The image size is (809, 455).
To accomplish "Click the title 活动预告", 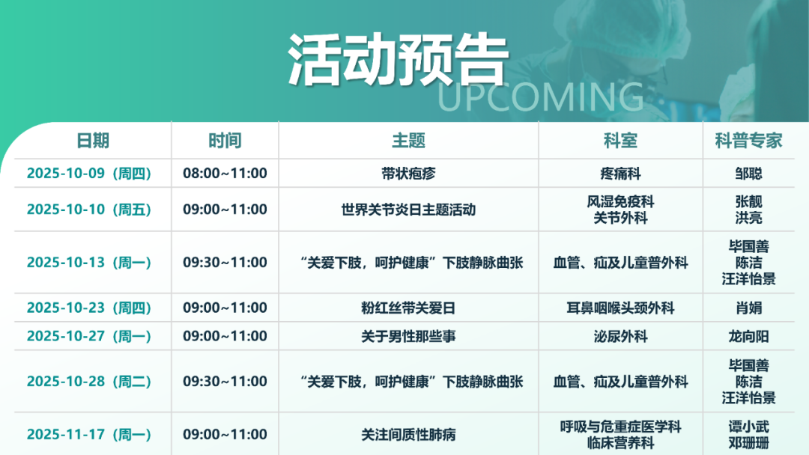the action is (399, 60).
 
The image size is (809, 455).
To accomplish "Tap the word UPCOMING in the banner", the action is (541, 97).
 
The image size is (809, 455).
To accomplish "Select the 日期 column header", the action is (93, 141).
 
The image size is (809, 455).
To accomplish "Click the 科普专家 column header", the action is (748, 141).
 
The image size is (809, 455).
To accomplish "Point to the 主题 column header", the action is (409, 141).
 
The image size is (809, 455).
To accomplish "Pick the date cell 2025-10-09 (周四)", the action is (88, 173).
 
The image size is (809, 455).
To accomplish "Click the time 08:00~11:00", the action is (225, 173).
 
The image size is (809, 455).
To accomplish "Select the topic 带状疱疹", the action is (409, 174).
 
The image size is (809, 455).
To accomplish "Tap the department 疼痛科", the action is (621, 174).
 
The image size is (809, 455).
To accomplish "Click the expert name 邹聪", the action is (748, 174).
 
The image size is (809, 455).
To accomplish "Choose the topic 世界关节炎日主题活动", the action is (409, 210).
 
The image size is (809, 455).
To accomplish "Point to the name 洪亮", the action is (748, 218).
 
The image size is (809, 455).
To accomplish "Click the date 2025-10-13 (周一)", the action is (88, 262).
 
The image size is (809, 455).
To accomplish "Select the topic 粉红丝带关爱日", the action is (409, 308).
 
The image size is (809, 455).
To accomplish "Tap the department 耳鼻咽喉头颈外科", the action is (621, 308).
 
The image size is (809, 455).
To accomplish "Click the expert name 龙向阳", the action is (748, 337).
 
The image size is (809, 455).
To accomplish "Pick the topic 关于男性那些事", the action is (409, 337).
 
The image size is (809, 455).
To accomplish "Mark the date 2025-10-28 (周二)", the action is (88, 382).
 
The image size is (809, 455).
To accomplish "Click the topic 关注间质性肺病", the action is (409, 435).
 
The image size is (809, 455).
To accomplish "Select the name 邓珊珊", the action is (748, 442).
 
